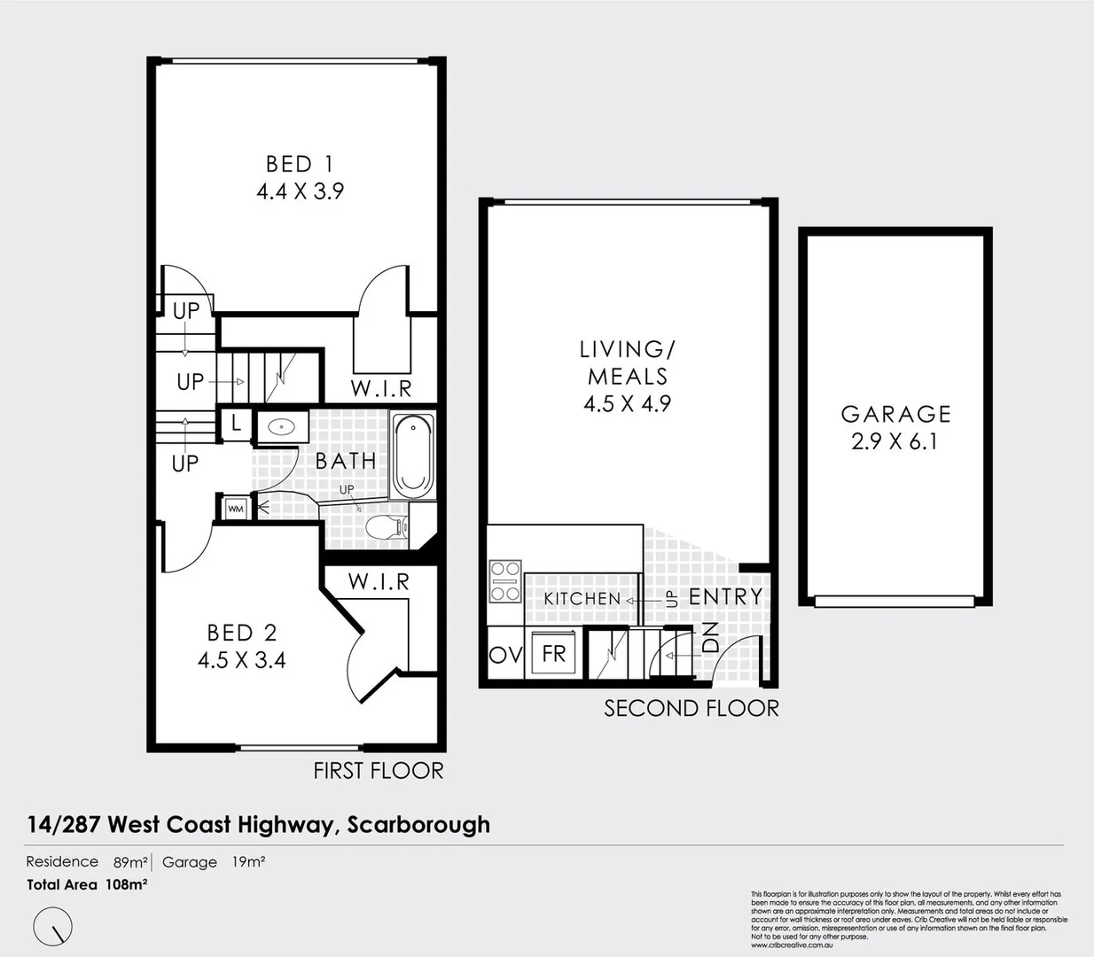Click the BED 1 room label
click(300, 164)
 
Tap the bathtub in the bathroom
click(412, 456)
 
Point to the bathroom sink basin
click(282, 427)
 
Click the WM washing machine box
click(235, 509)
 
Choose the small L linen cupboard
click(236, 424)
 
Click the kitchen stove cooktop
click(505, 581)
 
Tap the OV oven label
click(505, 655)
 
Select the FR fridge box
click(553, 654)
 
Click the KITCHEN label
click(582, 599)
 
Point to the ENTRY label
click(725, 597)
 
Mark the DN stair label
click(711, 638)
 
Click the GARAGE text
click(895, 414)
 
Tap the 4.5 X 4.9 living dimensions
click(627, 404)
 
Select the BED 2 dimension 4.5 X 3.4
click(241, 660)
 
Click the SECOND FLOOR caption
click(692, 709)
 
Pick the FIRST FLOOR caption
click(378, 771)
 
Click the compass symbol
click(52, 927)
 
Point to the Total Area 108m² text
click(87, 884)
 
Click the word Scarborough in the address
click(418, 825)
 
